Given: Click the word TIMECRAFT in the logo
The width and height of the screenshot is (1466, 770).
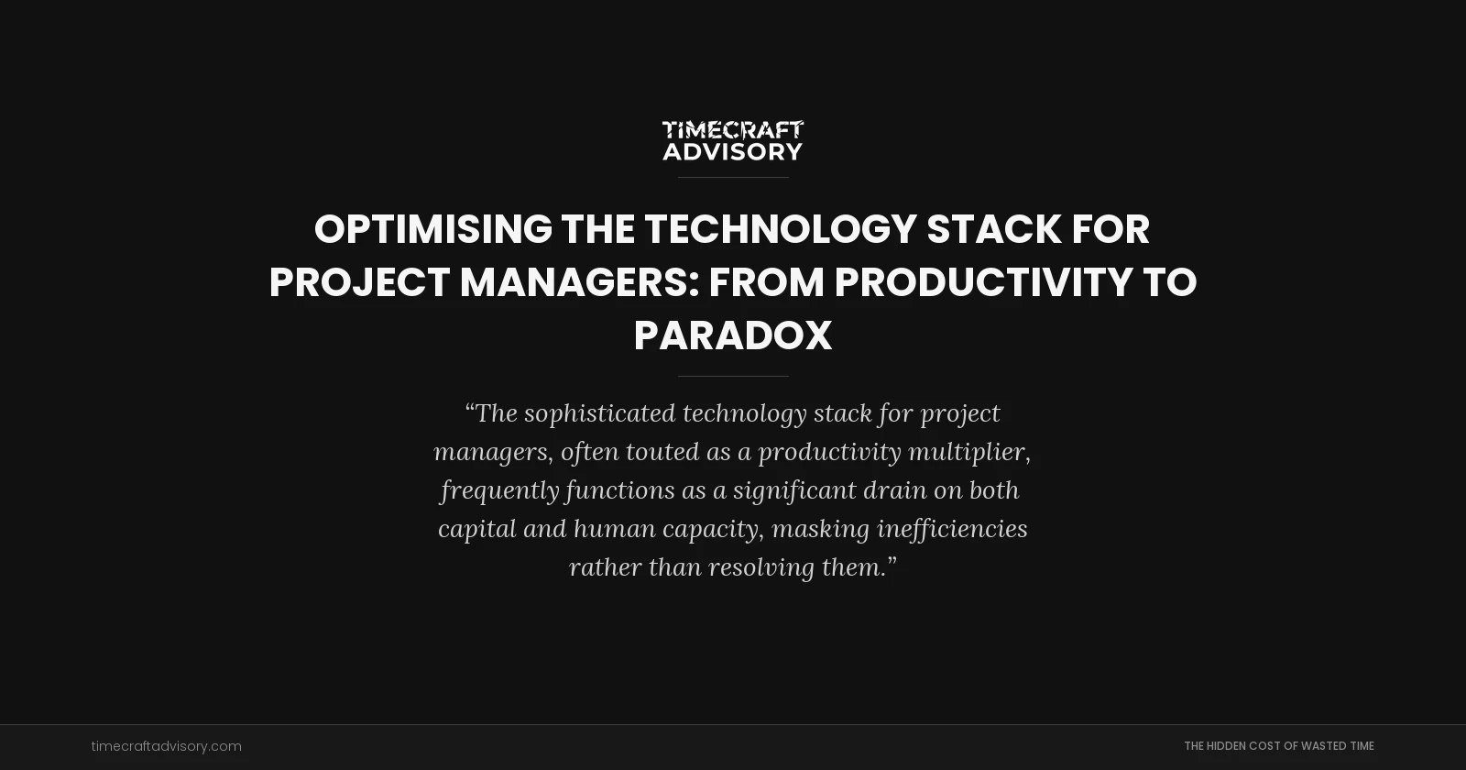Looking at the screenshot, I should tap(733, 130).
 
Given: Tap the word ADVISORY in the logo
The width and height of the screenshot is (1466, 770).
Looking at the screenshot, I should tap(733, 151).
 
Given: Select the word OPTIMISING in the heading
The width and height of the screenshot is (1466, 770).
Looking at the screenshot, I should tap(433, 229).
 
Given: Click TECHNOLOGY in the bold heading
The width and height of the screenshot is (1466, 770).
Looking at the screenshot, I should tap(780, 229).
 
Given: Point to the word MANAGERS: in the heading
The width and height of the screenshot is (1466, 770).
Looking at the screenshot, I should tap(579, 282).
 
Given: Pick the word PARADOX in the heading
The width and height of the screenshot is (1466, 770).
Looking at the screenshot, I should tap(733, 335).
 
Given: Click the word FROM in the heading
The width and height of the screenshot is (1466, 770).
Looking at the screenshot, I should tap(766, 282).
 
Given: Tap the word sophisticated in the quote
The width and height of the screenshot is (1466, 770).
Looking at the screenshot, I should tap(599, 413).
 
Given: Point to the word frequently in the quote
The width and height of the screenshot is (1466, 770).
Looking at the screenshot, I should tap(499, 490).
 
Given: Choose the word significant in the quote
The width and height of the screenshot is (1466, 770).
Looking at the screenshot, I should tap(794, 490).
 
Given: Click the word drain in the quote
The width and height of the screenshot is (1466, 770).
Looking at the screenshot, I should tap(894, 490).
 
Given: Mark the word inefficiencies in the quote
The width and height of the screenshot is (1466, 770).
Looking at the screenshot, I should tap(952, 529).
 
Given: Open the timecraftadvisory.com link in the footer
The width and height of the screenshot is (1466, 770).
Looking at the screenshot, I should tap(166, 746).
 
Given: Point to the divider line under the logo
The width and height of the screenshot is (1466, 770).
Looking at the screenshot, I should tap(733, 177).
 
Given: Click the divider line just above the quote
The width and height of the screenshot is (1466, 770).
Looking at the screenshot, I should tap(733, 376).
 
